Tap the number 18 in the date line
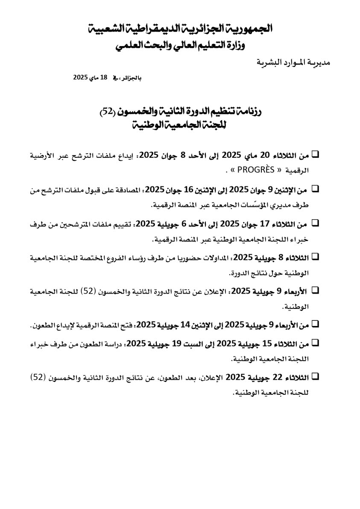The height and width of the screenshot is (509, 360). [x=103, y=77]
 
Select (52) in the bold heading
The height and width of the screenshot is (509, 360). [x=107, y=112]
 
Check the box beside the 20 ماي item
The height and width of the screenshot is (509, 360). [x=316, y=153]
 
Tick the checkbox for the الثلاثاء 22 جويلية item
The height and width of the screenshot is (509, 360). [x=316, y=376]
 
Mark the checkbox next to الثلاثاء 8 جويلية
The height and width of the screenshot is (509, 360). [x=316, y=257]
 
